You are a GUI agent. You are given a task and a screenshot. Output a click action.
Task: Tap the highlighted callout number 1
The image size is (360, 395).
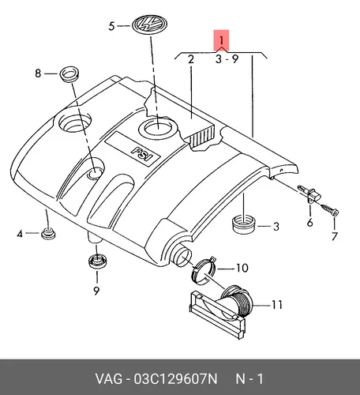tap(221, 40)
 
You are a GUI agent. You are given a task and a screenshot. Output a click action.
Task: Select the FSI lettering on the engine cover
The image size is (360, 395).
tap(142, 154)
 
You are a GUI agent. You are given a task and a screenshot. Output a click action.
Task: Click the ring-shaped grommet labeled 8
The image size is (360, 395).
tap(69, 73)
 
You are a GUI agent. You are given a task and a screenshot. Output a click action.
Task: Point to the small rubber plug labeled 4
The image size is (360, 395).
tap(48, 234)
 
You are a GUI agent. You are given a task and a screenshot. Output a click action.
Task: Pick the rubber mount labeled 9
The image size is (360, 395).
tap(97, 261)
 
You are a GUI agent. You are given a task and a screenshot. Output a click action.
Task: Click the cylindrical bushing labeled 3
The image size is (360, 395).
tap(245, 224)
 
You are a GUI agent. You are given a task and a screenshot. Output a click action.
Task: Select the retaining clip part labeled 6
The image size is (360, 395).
tap(310, 194)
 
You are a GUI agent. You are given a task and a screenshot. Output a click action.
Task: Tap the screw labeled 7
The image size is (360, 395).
tap(330, 210)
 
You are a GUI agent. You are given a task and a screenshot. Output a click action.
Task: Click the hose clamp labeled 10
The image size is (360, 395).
tap(204, 270)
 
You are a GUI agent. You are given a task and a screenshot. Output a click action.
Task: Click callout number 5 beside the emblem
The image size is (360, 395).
tap(111, 26)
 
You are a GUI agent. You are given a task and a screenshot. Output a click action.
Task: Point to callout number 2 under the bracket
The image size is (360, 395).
tap(191, 59)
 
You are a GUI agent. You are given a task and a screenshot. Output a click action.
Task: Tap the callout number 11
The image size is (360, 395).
tap(277, 305)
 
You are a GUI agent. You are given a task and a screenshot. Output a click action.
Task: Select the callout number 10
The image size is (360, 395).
tap(242, 268)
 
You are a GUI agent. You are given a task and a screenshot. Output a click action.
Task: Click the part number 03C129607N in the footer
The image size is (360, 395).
tap(176, 379)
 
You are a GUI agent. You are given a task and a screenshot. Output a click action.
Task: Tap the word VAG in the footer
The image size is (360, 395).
tap(109, 379)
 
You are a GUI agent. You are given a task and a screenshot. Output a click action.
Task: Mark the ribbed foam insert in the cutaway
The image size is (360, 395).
tap(202, 137)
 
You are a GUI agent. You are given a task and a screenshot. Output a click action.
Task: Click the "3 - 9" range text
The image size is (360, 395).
tap(227, 59)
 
